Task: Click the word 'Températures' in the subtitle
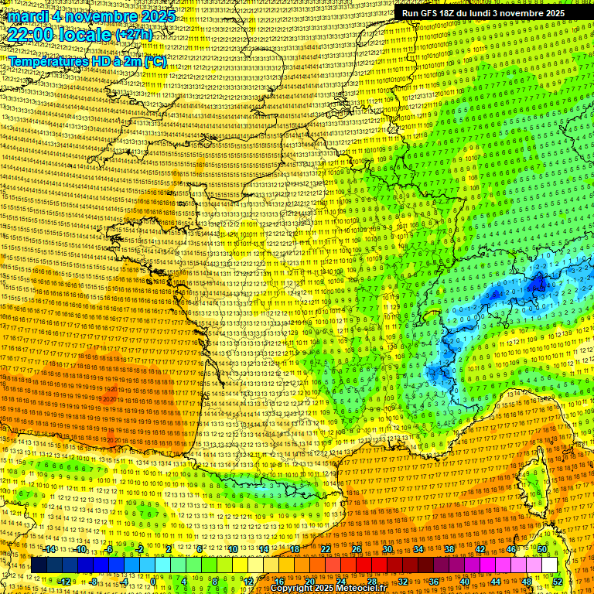48,61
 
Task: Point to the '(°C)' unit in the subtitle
153,61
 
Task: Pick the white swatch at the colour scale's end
549,565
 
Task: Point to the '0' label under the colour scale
154,582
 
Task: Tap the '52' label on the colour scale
558,582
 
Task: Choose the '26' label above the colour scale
357,549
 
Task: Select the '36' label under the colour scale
433,582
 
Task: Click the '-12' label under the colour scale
64,582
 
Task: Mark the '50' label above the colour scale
542,549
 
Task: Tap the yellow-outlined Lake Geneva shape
433,316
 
